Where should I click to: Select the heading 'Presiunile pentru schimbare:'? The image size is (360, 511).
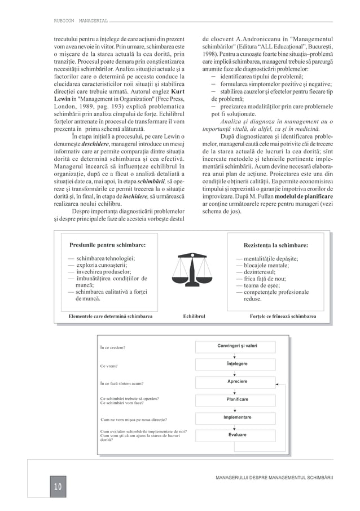107,245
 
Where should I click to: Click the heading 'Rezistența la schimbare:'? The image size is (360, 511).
275,245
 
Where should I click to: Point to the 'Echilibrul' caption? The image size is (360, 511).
194,317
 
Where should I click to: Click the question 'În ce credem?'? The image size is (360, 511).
112,347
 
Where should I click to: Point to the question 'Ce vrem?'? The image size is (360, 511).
109,366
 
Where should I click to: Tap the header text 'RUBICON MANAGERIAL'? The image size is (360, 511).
77,20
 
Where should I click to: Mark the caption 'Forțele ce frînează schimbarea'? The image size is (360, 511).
283,317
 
